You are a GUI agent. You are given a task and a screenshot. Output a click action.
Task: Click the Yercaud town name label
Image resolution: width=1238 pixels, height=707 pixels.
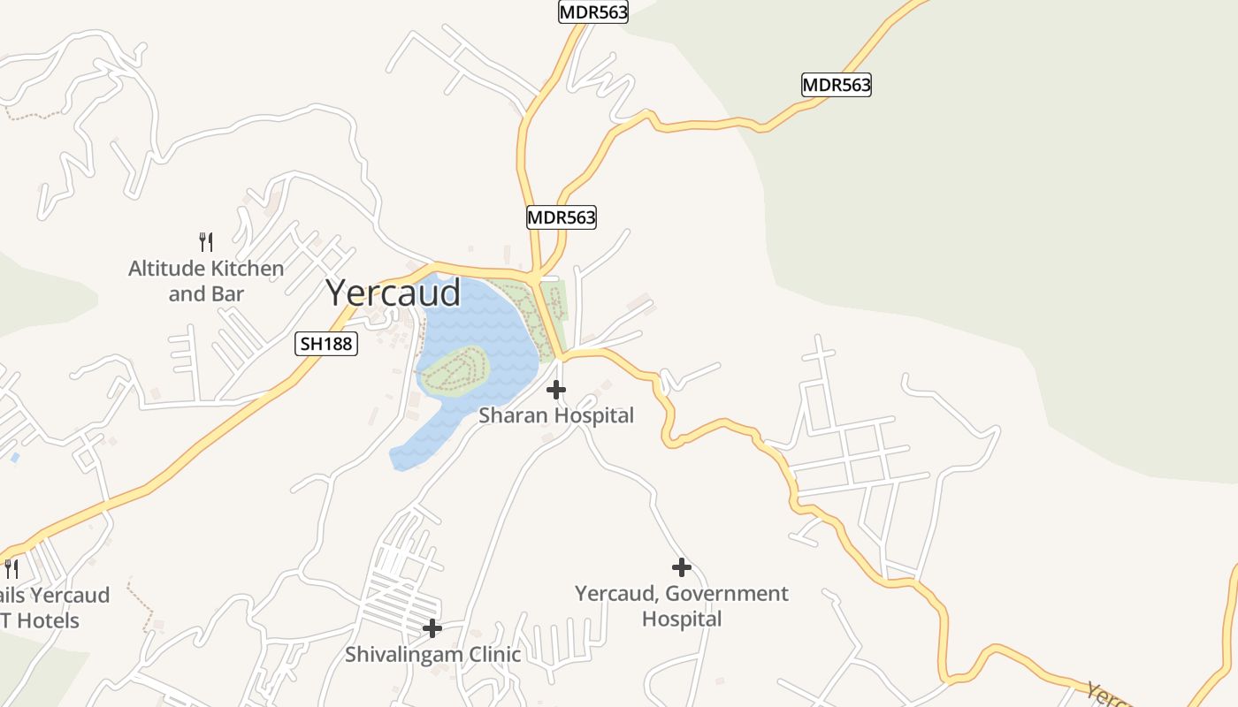394,293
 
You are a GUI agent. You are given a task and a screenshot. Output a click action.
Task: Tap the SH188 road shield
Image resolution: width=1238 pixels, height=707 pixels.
326,344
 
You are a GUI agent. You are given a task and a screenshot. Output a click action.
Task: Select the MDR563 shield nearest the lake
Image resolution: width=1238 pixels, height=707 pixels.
562,217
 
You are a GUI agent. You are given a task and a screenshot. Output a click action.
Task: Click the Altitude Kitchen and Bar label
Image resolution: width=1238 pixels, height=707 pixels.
206,280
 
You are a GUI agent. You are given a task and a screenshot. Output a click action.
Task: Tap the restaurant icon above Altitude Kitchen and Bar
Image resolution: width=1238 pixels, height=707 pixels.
206,241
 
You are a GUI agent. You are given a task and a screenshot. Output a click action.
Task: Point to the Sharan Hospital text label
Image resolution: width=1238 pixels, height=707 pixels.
556,414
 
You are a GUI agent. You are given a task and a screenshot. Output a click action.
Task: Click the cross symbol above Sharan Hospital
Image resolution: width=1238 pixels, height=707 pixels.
556,389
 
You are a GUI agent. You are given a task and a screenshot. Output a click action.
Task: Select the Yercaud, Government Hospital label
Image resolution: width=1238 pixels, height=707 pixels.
682,605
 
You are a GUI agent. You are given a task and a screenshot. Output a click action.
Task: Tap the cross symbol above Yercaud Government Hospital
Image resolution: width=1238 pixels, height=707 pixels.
681,567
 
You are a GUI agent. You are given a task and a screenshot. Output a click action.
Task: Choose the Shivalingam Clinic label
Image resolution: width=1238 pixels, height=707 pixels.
432,655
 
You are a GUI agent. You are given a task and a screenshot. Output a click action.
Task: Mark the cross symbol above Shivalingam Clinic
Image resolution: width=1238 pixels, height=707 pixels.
432,628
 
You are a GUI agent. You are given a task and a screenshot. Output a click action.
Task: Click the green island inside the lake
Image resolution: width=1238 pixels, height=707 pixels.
456,370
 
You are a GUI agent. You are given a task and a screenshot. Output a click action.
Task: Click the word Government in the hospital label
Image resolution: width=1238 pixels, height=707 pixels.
730,593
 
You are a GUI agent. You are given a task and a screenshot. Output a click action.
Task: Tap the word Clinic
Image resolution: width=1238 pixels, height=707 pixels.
491,655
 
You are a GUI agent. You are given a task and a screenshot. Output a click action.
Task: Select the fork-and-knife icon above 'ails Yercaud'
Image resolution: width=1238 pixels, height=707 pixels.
11,568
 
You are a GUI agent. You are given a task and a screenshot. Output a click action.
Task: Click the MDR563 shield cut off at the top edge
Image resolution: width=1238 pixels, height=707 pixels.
593,11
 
